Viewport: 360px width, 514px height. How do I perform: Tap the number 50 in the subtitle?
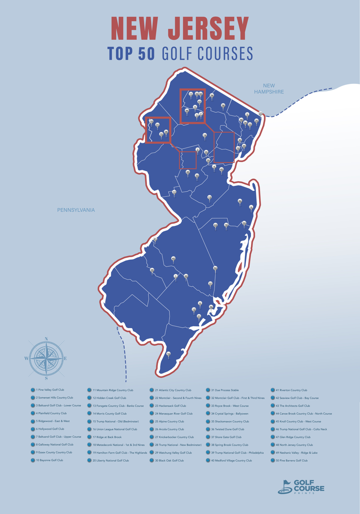pyautogui.click(x=146, y=53)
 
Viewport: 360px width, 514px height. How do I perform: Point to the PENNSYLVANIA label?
pyautogui.click(x=75, y=210)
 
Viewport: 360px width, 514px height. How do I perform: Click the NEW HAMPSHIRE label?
pyautogui.click(x=268, y=88)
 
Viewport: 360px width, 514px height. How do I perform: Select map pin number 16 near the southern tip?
pyautogui.click(x=168, y=354)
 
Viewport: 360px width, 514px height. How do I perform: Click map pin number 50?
pyautogui.click(x=215, y=269)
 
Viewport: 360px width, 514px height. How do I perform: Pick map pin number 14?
pyautogui.click(x=204, y=135)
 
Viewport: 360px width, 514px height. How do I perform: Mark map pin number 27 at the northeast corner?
pyautogui.click(x=260, y=114)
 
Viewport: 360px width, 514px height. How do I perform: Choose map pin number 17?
pyautogui.click(x=174, y=192)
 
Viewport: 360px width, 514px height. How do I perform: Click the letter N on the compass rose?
pyautogui.click(x=46, y=339)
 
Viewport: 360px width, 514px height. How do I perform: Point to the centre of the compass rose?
pyautogui.click(x=45, y=358)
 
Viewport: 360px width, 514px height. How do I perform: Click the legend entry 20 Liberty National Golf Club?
pyautogui.click(x=110, y=461)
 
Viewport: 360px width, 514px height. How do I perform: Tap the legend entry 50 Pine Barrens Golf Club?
pyautogui.click(x=291, y=461)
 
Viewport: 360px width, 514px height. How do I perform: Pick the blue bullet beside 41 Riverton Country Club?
pyautogui.click(x=273, y=390)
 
